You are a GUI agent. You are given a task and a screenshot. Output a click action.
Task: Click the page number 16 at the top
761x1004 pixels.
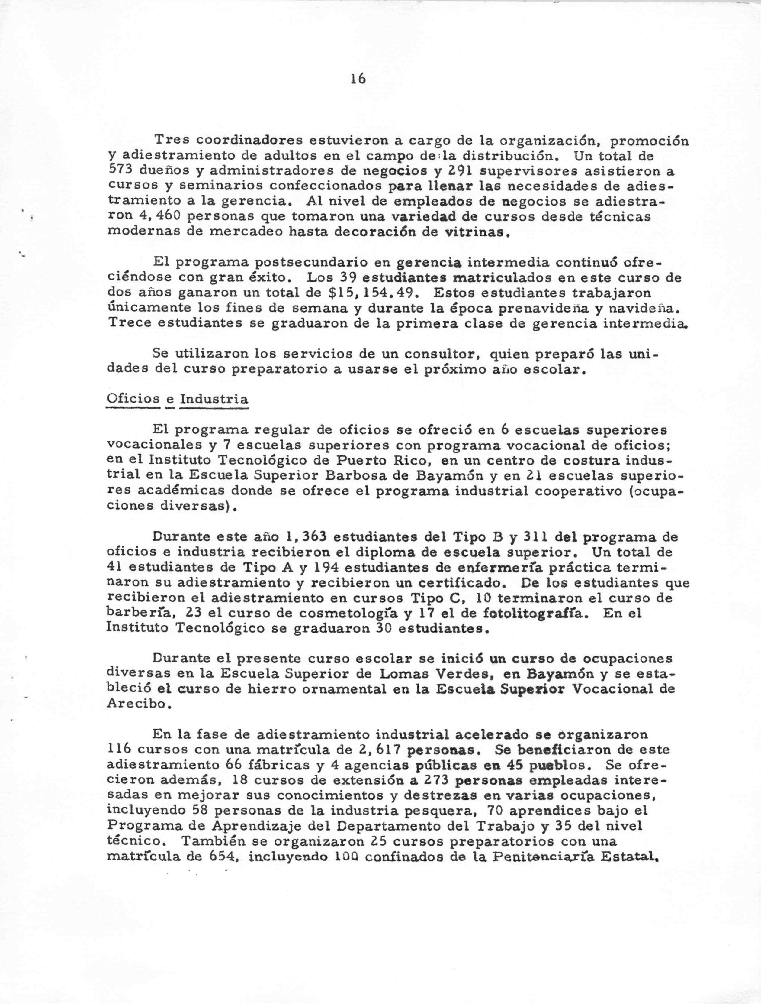point(358,79)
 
